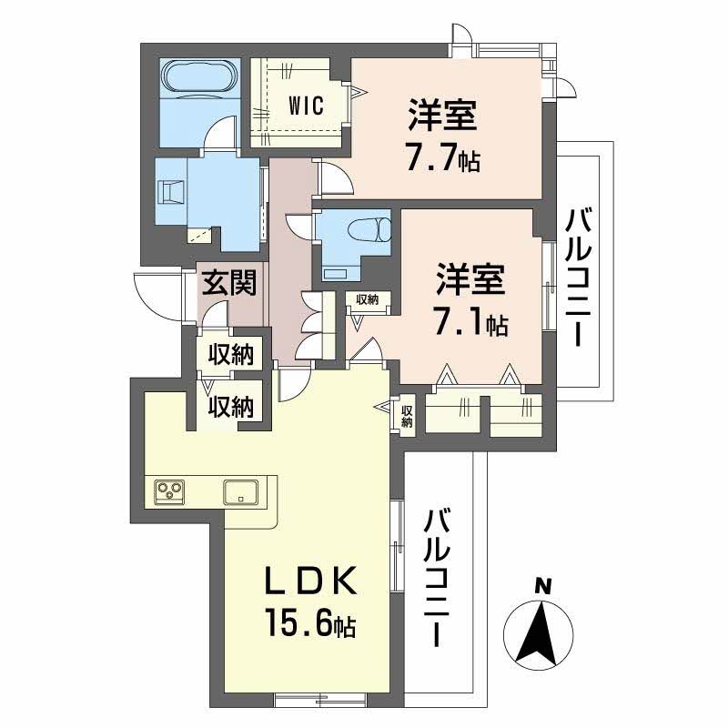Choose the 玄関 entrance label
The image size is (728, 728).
(228, 282)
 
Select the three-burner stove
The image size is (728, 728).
(169, 491)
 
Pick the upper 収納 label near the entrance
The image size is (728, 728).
(230, 353)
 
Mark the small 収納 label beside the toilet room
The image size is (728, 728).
(368, 298)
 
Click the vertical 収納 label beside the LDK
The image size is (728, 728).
(407, 416)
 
